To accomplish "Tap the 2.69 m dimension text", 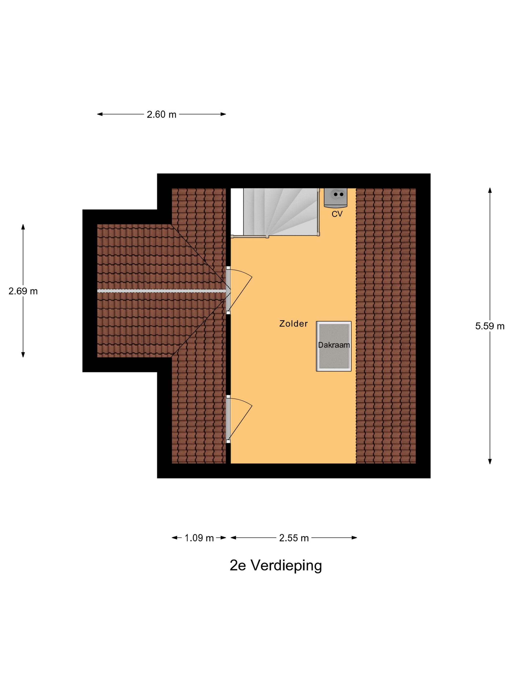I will click(23, 291).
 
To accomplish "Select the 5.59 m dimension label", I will click(490, 326).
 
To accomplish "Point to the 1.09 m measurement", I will click(199, 538).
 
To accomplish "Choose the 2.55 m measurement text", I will click(294, 538).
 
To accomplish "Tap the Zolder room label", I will click(293, 323).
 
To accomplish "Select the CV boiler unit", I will click(335, 197).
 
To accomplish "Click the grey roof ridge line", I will click(161, 291).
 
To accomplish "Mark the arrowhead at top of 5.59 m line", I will click(490, 190).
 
